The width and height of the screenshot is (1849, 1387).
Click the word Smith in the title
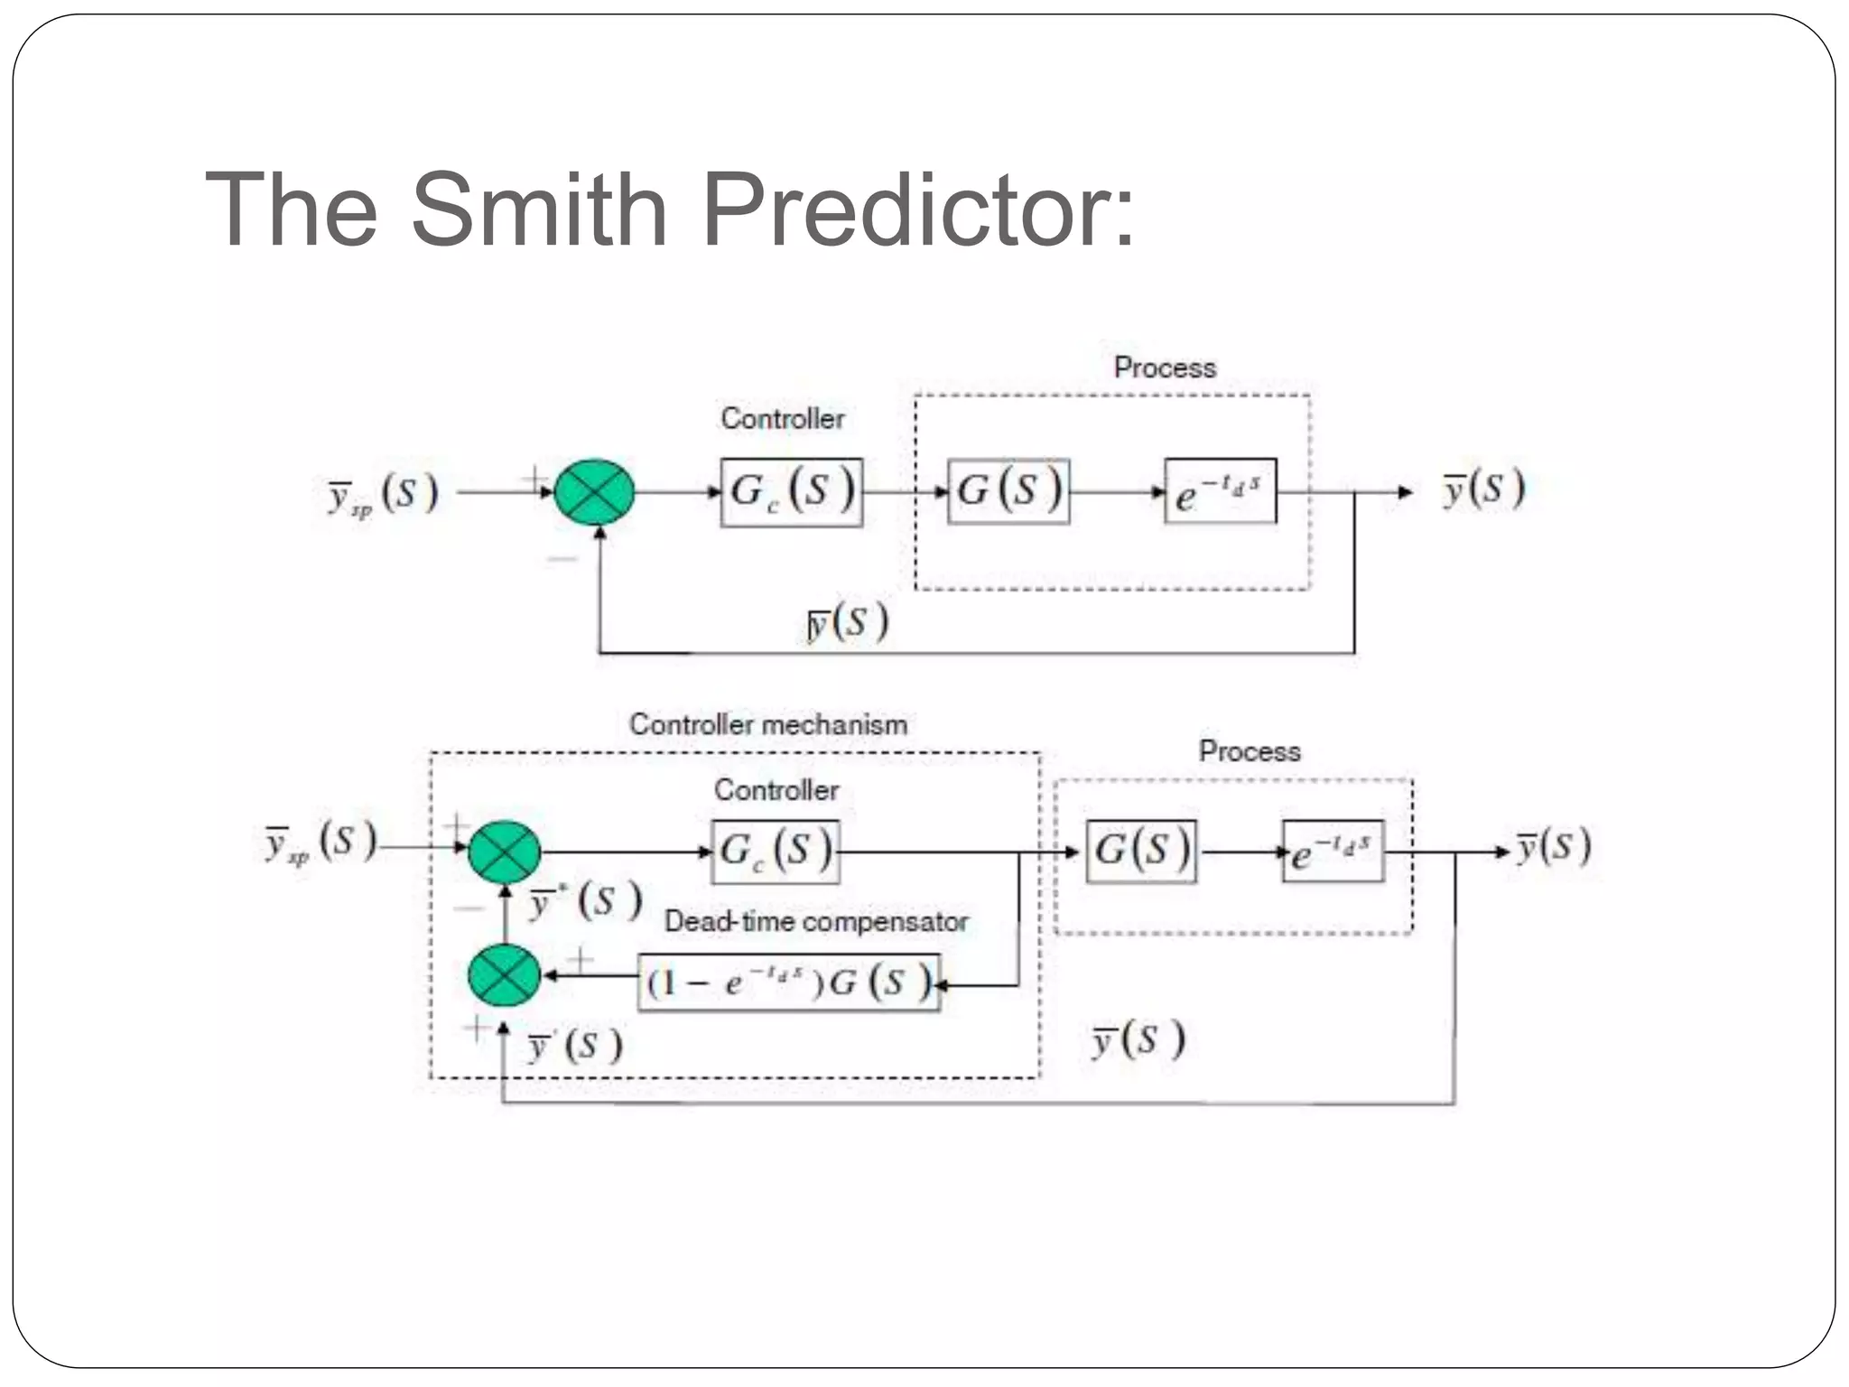click(x=538, y=210)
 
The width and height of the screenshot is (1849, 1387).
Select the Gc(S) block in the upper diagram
click(x=791, y=492)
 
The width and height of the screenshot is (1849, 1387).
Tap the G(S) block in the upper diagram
click(x=1008, y=491)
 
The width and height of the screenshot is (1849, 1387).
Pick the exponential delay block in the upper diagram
click(x=1220, y=491)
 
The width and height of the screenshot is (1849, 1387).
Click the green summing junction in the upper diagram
click(x=594, y=492)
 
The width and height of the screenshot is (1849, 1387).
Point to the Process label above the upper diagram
click(x=1165, y=368)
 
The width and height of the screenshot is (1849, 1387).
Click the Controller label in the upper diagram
click(x=782, y=418)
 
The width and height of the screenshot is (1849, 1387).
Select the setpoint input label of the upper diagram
click(x=383, y=495)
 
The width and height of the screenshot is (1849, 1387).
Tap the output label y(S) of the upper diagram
click(x=1483, y=489)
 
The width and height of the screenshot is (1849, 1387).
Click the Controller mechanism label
click(x=767, y=724)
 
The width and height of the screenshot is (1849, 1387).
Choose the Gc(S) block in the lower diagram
click(x=775, y=852)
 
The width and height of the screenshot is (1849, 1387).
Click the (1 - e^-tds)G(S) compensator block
click(x=789, y=982)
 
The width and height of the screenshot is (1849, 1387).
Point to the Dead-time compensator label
click(x=816, y=921)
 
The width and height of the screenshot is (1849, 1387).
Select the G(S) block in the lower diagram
click(x=1141, y=852)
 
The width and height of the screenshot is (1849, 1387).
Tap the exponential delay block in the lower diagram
click(x=1333, y=852)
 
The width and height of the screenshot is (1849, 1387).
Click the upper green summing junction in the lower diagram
click(x=505, y=852)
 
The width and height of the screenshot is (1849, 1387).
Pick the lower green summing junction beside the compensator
click(x=505, y=975)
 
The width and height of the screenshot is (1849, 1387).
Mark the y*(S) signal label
click(x=585, y=901)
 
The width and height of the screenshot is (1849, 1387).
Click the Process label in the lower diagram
click(x=1250, y=751)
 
